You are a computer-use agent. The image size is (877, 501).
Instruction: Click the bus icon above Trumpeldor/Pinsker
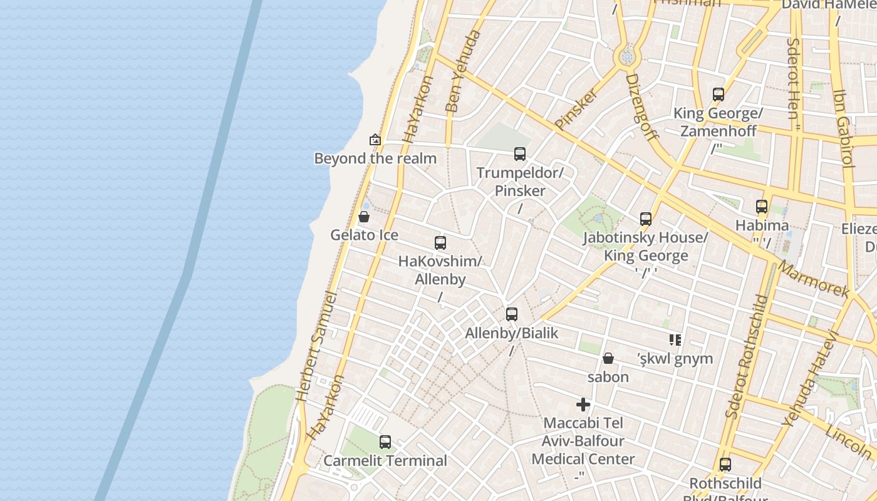click(x=519, y=153)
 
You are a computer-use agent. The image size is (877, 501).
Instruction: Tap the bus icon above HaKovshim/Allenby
click(x=440, y=243)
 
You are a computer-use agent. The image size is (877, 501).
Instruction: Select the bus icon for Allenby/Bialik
click(x=512, y=314)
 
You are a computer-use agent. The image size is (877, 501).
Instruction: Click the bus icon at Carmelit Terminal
click(x=385, y=442)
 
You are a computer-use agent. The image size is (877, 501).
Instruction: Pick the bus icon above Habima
click(x=762, y=207)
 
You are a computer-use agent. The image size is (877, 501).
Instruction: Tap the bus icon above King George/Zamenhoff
click(x=719, y=95)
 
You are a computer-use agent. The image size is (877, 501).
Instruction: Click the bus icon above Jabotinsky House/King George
click(x=646, y=219)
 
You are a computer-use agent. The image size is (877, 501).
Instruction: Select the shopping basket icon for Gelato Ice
click(x=364, y=217)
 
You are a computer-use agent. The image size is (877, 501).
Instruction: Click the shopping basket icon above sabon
click(x=608, y=358)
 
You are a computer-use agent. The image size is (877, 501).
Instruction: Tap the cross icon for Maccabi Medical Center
click(x=583, y=405)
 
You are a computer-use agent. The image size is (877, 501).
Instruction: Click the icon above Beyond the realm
click(x=375, y=140)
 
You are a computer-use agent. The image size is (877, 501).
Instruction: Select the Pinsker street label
click(x=575, y=109)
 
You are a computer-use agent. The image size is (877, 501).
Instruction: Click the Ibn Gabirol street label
click(x=843, y=128)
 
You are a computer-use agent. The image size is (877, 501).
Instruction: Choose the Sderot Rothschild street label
click(x=746, y=356)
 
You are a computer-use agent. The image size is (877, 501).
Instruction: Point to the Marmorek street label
click(x=813, y=279)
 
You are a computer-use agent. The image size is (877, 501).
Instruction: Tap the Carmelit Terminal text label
click(x=385, y=461)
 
